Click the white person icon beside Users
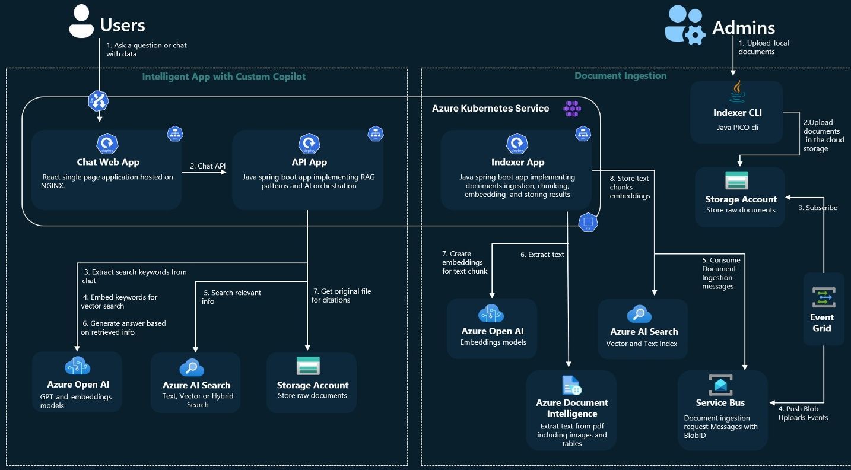tap(81, 23)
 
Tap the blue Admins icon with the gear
tap(685, 26)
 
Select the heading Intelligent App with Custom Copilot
tap(224, 77)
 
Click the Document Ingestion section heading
tap(620, 76)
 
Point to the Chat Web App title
tap(108, 162)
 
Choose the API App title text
tap(309, 162)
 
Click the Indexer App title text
tap(517, 162)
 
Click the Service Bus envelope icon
tap(720, 385)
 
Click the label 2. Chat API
tap(208, 166)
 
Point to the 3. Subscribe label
tap(817, 208)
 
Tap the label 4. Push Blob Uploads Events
tap(803, 413)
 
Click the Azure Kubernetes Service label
tap(490, 109)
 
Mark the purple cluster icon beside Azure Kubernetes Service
tap(572, 109)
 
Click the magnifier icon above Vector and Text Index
tap(639, 314)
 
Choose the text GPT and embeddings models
tap(76, 401)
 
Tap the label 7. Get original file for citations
tap(341, 296)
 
